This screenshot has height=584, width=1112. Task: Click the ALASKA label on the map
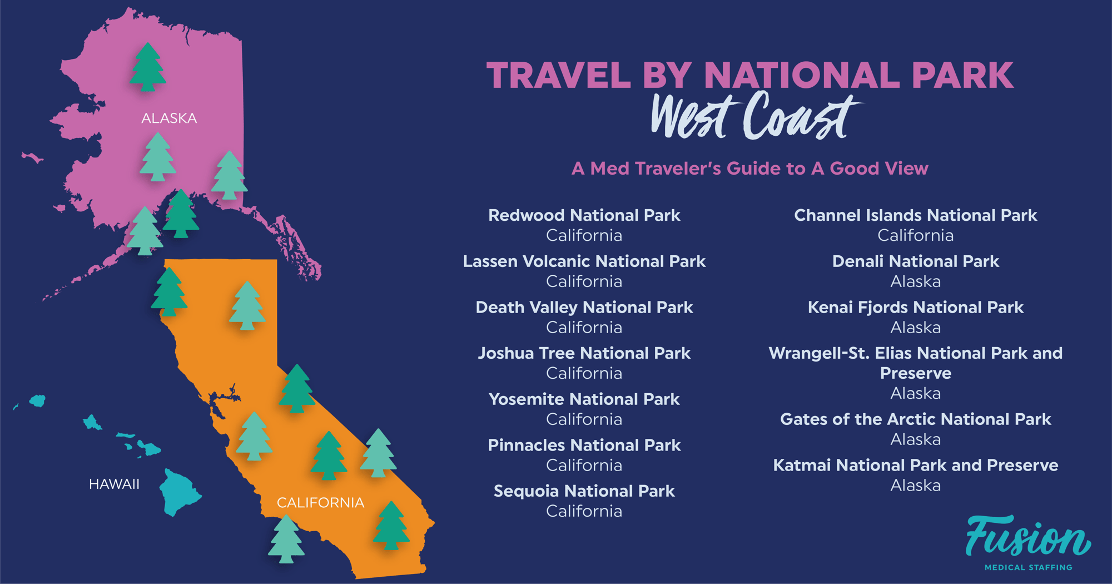click(x=169, y=118)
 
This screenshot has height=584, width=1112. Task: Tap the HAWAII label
click(x=114, y=484)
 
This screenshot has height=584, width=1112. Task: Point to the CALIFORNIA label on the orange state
click(x=320, y=503)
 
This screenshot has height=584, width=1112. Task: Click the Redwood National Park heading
click(x=584, y=215)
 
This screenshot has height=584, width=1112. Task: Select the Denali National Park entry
click(x=915, y=261)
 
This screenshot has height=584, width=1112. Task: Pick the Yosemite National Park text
click(x=584, y=399)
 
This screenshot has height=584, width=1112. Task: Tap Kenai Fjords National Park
click(x=915, y=308)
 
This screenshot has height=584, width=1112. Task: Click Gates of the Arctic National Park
click(x=915, y=419)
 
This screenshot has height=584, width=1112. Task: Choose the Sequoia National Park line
click(x=584, y=491)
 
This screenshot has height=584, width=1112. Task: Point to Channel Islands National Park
click(x=915, y=215)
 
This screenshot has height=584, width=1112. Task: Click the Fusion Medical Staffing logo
click(x=1028, y=543)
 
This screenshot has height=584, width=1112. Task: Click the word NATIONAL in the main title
click(x=801, y=75)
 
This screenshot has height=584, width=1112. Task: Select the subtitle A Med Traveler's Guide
click(x=749, y=169)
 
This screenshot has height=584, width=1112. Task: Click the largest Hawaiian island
click(x=179, y=492)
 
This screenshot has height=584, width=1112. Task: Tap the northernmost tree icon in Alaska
click(x=147, y=67)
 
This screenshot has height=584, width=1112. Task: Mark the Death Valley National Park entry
click(x=584, y=308)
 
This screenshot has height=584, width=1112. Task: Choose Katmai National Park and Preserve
click(x=915, y=466)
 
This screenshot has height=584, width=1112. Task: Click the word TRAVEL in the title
click(x=558, y=75)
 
